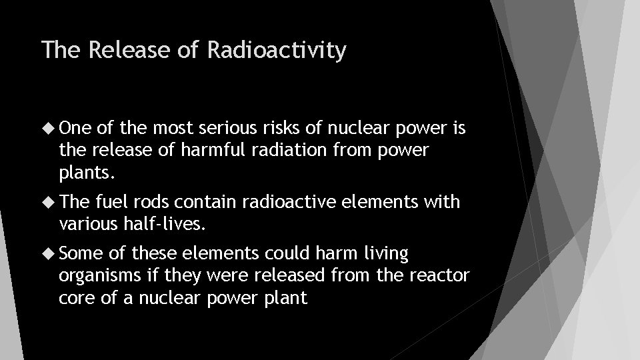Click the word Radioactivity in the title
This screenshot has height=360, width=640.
277,51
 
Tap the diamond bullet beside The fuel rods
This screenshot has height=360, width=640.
50,201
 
